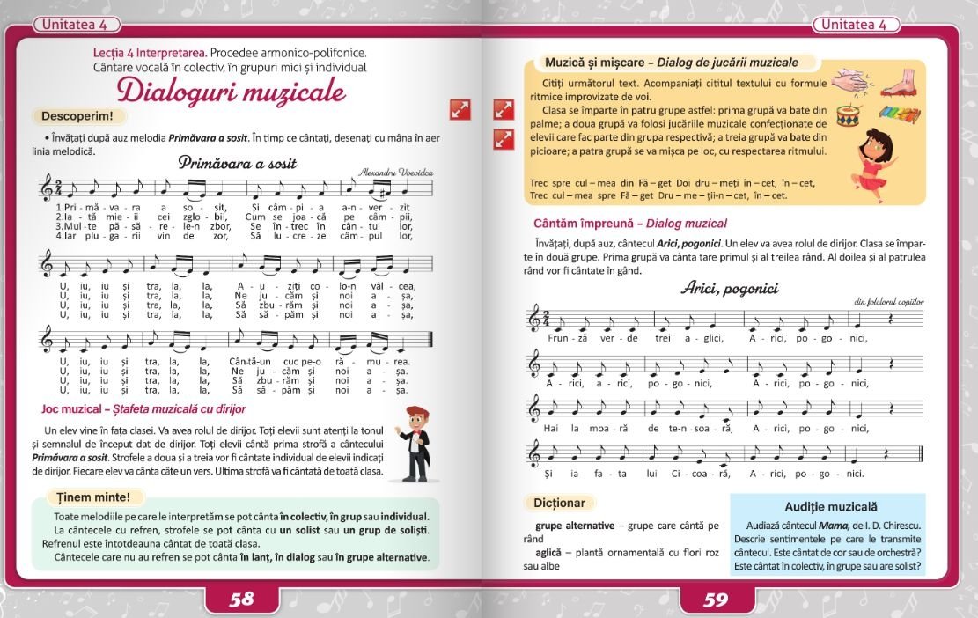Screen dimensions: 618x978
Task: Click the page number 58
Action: click(x=241, y=600)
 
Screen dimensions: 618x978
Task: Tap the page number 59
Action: click(x=716, y=600)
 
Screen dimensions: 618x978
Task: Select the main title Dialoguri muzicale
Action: click(x=232, y=92)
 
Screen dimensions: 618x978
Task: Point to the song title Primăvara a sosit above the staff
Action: click(x=238, y=163)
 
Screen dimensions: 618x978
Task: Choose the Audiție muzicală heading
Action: click(x=827, y=507)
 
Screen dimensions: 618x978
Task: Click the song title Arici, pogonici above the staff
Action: click(x=729, y=288)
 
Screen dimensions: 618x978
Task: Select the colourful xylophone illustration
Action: click(x=899, y=116)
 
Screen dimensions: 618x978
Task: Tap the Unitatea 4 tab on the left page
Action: click(x=77, y=25)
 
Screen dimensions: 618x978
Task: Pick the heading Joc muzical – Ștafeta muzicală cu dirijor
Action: click(x=143, y=409)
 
